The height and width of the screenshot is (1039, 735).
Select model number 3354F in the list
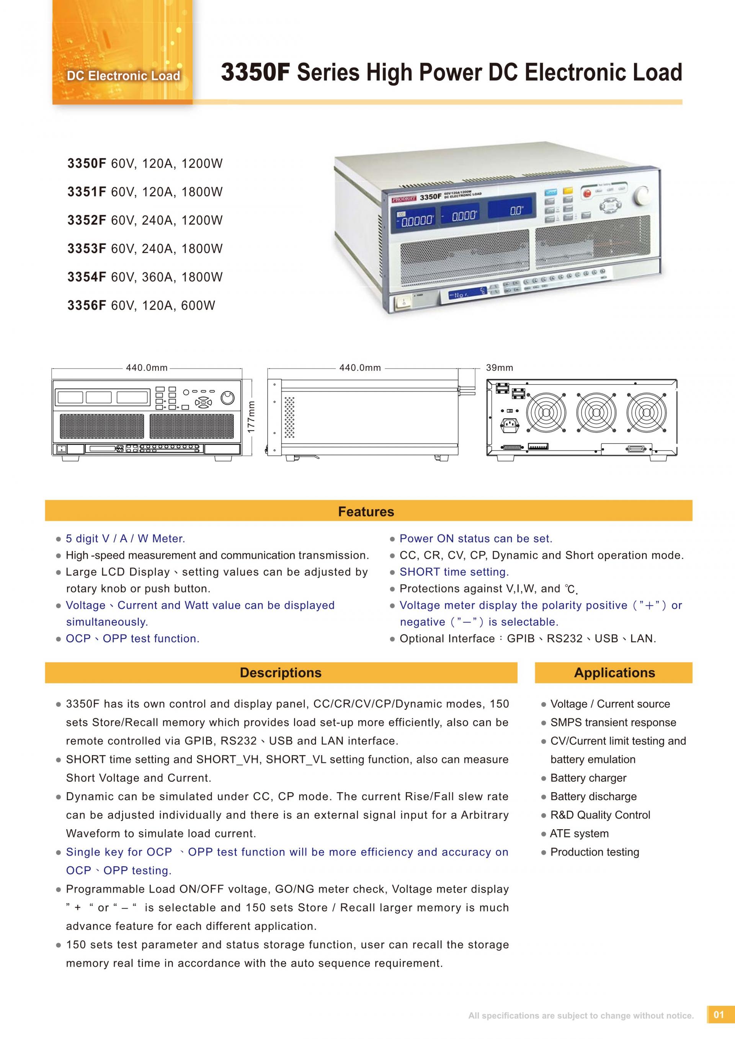[x=87, y=277]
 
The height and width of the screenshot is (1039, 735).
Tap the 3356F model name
[x=87, y=305]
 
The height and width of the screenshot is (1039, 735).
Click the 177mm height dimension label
[x=252, y=416]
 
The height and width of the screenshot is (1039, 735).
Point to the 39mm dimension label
[x=499, y=368]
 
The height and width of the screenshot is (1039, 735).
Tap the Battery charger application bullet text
[x=588, y=778]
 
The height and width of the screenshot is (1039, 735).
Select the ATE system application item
[x=579, y=833]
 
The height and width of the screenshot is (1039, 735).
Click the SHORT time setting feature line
[x=454, y=572]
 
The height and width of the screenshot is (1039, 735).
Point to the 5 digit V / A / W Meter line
[x=125, y=538]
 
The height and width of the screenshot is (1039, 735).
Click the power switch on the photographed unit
[x=402, y=302]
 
